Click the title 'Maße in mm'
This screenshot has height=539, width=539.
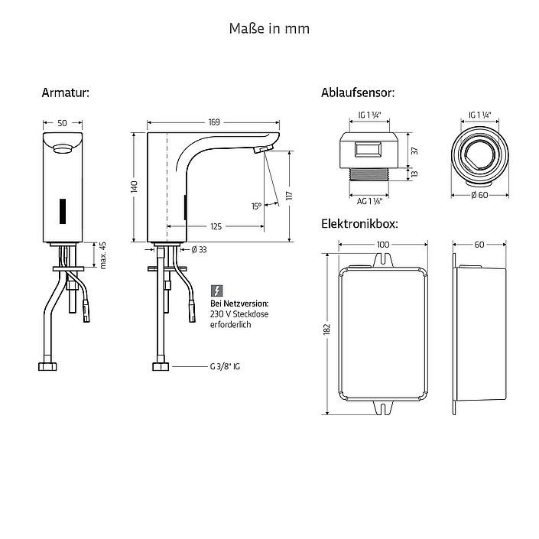[269, 28]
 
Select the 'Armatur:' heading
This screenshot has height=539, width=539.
[65, 93]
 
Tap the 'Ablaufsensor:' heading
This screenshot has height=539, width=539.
[358, 93]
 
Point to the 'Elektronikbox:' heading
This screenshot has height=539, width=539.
[359, 224]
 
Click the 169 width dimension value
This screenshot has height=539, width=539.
[214, 122]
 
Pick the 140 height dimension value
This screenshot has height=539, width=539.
[134, 187]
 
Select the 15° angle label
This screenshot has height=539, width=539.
[256, 206]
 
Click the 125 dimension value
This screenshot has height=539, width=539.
[216, 226]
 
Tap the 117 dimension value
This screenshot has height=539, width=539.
[290, 196]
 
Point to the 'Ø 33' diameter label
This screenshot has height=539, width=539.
[199, 249]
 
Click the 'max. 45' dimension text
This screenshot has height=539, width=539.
[102, 255]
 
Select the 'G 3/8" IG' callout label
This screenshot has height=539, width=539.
[225, 367]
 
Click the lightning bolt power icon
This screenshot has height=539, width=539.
[216, 291]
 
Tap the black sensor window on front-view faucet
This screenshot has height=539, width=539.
[63, 211]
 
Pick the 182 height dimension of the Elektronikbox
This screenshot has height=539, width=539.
[326, 329]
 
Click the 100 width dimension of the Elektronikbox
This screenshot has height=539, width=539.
[383, 245]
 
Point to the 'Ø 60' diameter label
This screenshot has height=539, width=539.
[479, 195]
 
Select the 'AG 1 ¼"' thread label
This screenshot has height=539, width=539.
[369, 201]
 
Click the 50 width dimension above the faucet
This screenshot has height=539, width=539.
[62, 123]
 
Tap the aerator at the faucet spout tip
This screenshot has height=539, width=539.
[263, 149]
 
